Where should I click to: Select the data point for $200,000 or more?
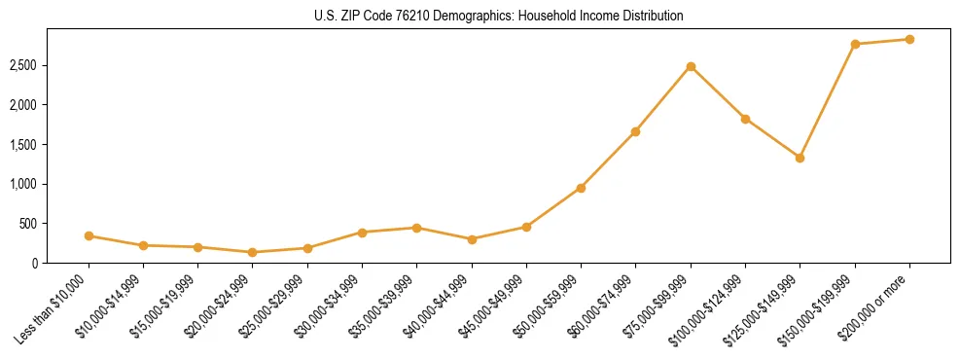(909, 40)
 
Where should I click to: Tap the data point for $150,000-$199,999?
(855, 44)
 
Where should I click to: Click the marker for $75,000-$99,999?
(691, 66)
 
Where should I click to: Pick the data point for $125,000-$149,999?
(800, 158)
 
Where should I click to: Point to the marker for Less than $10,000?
(89, 235)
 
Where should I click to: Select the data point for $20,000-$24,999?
(253, 252)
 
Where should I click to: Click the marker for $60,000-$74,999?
(635, 131)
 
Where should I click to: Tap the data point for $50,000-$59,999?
(581, 188)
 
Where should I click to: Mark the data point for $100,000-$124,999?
(745, 119)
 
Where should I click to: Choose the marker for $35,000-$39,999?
(416, 228)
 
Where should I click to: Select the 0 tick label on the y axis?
(35, 263)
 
